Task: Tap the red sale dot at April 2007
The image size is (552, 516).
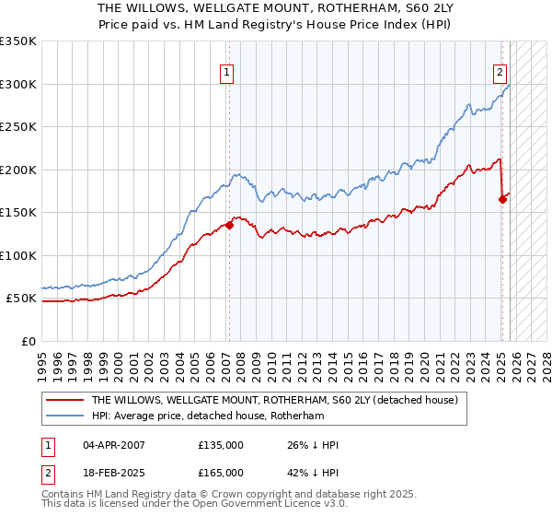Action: click(229, 225)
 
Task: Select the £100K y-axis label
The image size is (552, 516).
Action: click(18, 255)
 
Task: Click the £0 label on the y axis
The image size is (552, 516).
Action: click(29, 341)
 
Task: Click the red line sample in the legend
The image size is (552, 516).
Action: click(65, 401)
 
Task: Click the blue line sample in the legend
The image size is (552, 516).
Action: click(65, 416)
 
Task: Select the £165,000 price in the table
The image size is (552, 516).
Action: click(221, 472)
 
